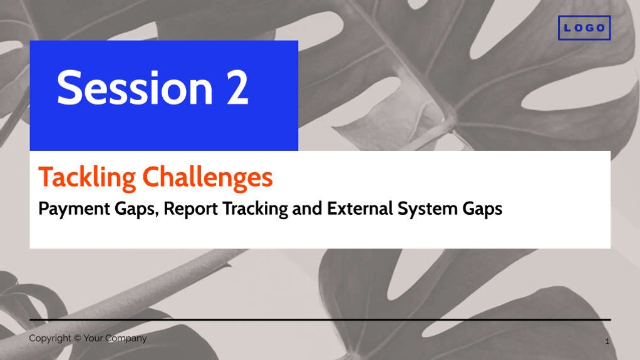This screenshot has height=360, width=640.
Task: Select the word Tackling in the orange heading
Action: coord(87,178)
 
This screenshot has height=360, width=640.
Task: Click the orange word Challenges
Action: coord(207,178)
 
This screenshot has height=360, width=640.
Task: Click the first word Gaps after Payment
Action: coord(137,209)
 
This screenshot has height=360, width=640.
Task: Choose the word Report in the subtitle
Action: coord(190,209)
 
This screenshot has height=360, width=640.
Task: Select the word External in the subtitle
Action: coord(360,208)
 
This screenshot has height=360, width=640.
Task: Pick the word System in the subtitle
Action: coord(427,209)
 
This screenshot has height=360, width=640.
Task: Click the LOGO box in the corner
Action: coord(584,28)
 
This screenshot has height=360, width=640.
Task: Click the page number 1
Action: coord(607,341)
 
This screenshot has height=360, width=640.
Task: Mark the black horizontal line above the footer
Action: coord(321,319)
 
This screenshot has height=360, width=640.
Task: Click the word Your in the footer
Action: coord(93,338)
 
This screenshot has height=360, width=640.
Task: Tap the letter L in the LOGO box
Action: coord(567,28)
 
